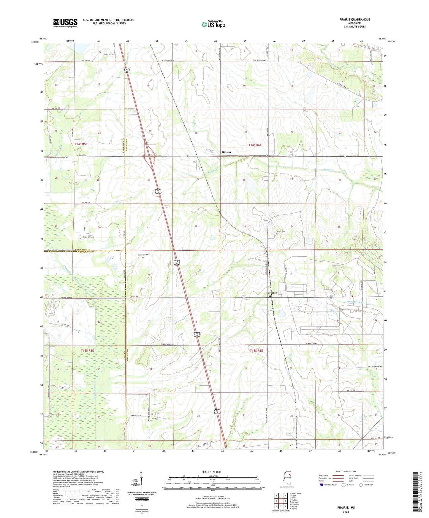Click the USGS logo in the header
point(65,23)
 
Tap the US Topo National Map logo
point(213,24)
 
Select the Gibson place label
point(226,152)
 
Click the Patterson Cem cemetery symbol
point(80,237)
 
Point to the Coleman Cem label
point(143,255)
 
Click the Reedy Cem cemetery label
point(281,231)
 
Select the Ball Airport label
point(108,54)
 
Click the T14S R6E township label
point(255,145)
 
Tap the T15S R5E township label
point(87,351)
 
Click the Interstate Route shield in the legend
point(322,485)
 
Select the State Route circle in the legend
point(361,485)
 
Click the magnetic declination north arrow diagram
point(142,481)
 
